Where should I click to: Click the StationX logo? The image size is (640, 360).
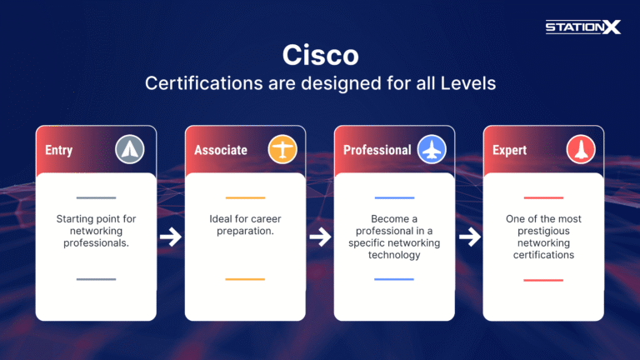[583, 27]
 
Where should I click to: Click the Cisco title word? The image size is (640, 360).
[320, 55]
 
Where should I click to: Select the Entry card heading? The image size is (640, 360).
[59, 150]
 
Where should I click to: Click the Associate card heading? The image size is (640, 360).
[221, 150]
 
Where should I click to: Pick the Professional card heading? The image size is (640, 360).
[377, 150]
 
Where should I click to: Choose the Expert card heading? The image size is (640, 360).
[510, 150]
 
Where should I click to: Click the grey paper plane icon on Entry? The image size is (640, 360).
[130, 150]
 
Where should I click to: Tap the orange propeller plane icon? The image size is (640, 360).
[282, 150]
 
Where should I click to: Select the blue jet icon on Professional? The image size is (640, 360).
[432, 150]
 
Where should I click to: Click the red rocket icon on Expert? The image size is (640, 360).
[581, 150]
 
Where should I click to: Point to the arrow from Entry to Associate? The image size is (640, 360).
[171, 237]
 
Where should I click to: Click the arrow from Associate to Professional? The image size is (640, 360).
[320, 237]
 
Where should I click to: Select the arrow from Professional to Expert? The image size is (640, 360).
[469, 237]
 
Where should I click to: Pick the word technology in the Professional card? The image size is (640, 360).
[394, 255]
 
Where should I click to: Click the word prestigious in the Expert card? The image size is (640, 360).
[543, 231]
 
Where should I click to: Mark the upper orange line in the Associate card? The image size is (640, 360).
[245, 198]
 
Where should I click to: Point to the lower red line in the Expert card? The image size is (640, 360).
[543, 280]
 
